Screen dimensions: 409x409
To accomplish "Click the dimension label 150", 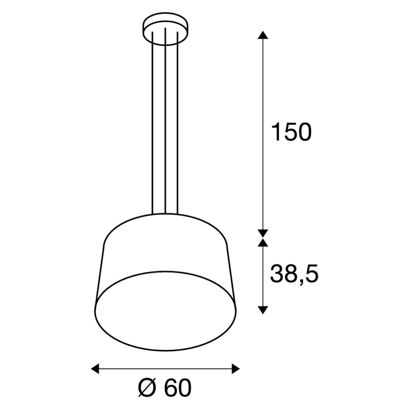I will point(291,132).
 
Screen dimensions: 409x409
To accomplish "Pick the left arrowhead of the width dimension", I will point(95,368).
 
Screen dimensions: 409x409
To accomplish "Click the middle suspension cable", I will point(165,123).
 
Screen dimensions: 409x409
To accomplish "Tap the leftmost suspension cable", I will point(152,123).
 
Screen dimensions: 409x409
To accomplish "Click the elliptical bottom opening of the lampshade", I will point(166,311).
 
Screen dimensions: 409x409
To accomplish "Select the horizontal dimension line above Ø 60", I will point(165,368).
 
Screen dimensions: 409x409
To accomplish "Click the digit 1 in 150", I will point(276,132).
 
